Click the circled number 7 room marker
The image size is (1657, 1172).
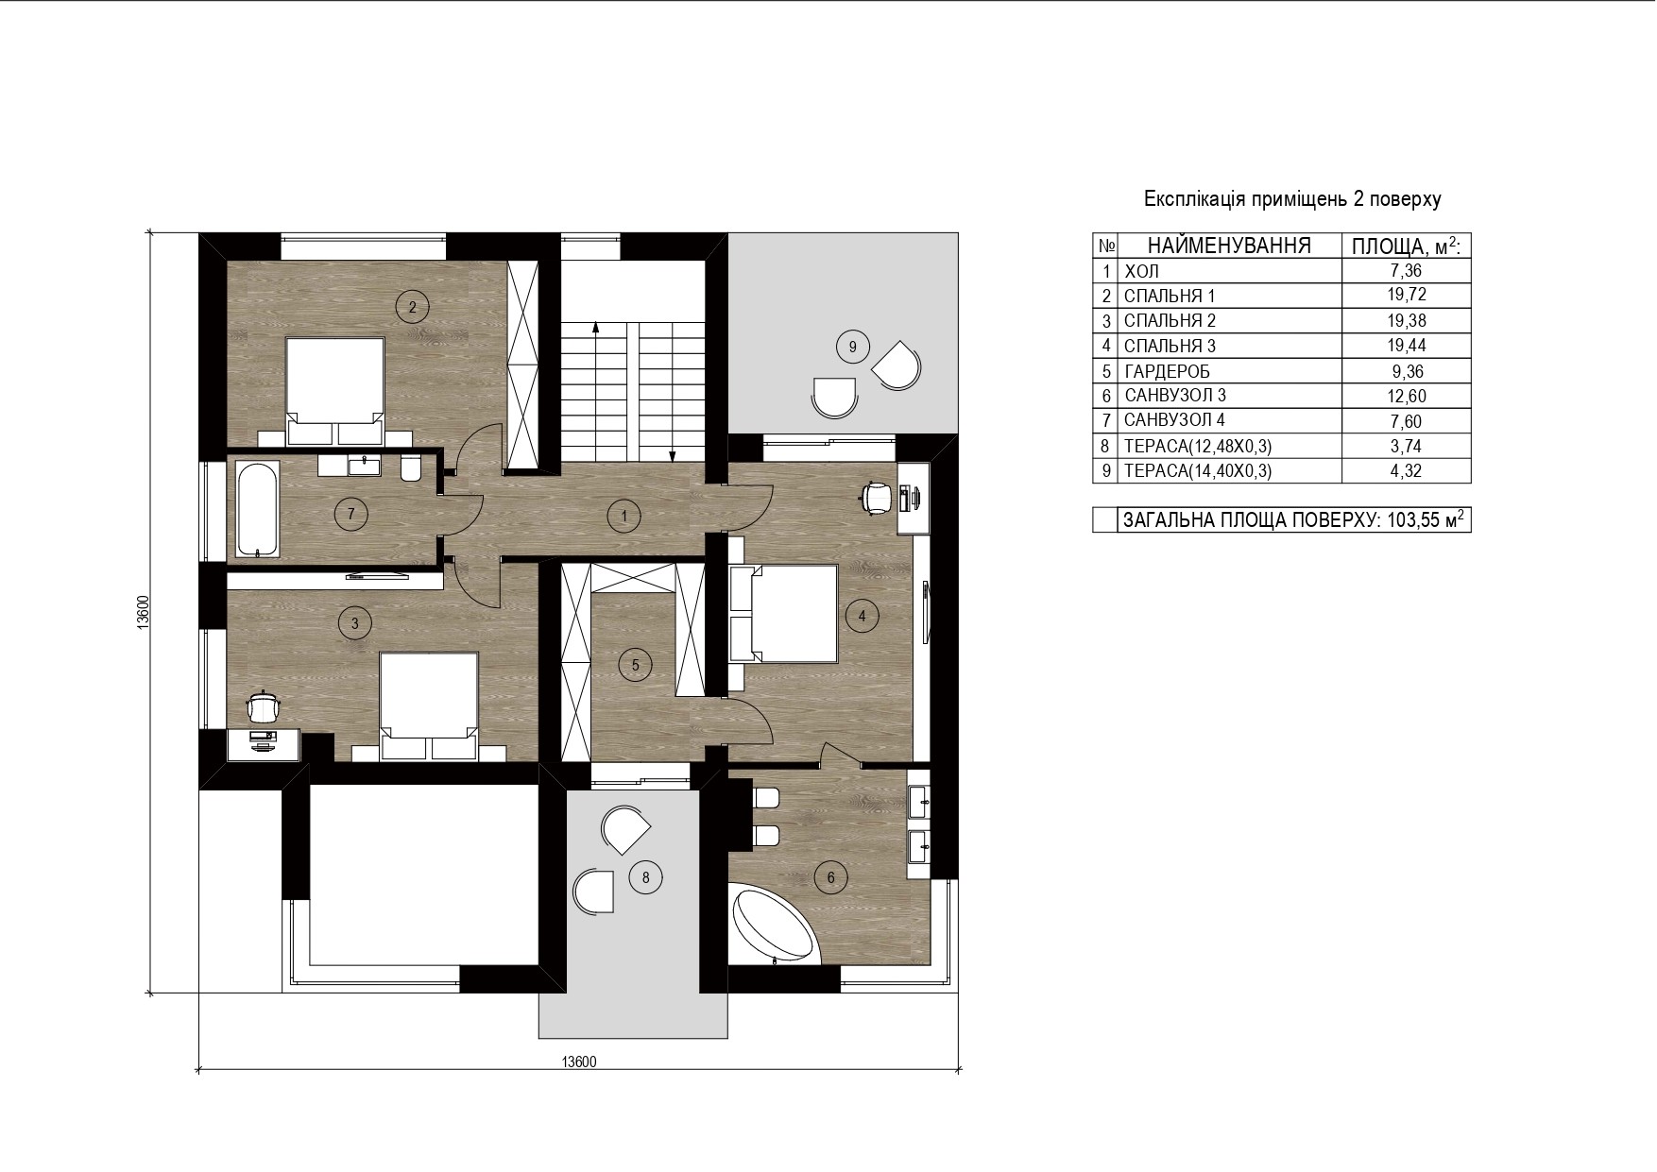point(350,514)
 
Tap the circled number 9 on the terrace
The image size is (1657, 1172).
point(852,348)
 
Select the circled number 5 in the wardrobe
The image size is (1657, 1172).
point(635,665)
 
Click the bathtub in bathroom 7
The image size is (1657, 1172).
point(257,508)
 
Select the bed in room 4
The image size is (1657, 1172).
point(784,614)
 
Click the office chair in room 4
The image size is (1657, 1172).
point(877,497)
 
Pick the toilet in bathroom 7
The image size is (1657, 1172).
point(411,468)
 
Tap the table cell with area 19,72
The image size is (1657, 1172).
point(1407,296)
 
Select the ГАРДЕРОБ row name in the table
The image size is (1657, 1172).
point(1167,371)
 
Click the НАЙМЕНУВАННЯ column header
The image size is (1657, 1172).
point(1229,246)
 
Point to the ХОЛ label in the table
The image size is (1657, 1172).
point(1141,272)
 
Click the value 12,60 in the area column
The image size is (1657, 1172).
point(1407,397)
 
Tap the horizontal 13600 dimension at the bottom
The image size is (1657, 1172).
point(579,1062)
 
